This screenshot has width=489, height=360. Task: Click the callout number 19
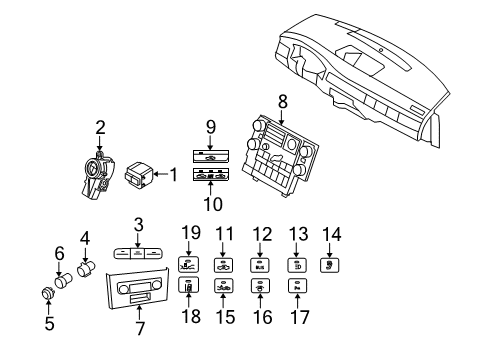[x=185, y=235]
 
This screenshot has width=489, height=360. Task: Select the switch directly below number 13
[x=297, y=265]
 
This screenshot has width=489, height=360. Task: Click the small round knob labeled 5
[x=46, y=293]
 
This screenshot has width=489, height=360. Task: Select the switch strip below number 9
[x=211, y=156]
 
